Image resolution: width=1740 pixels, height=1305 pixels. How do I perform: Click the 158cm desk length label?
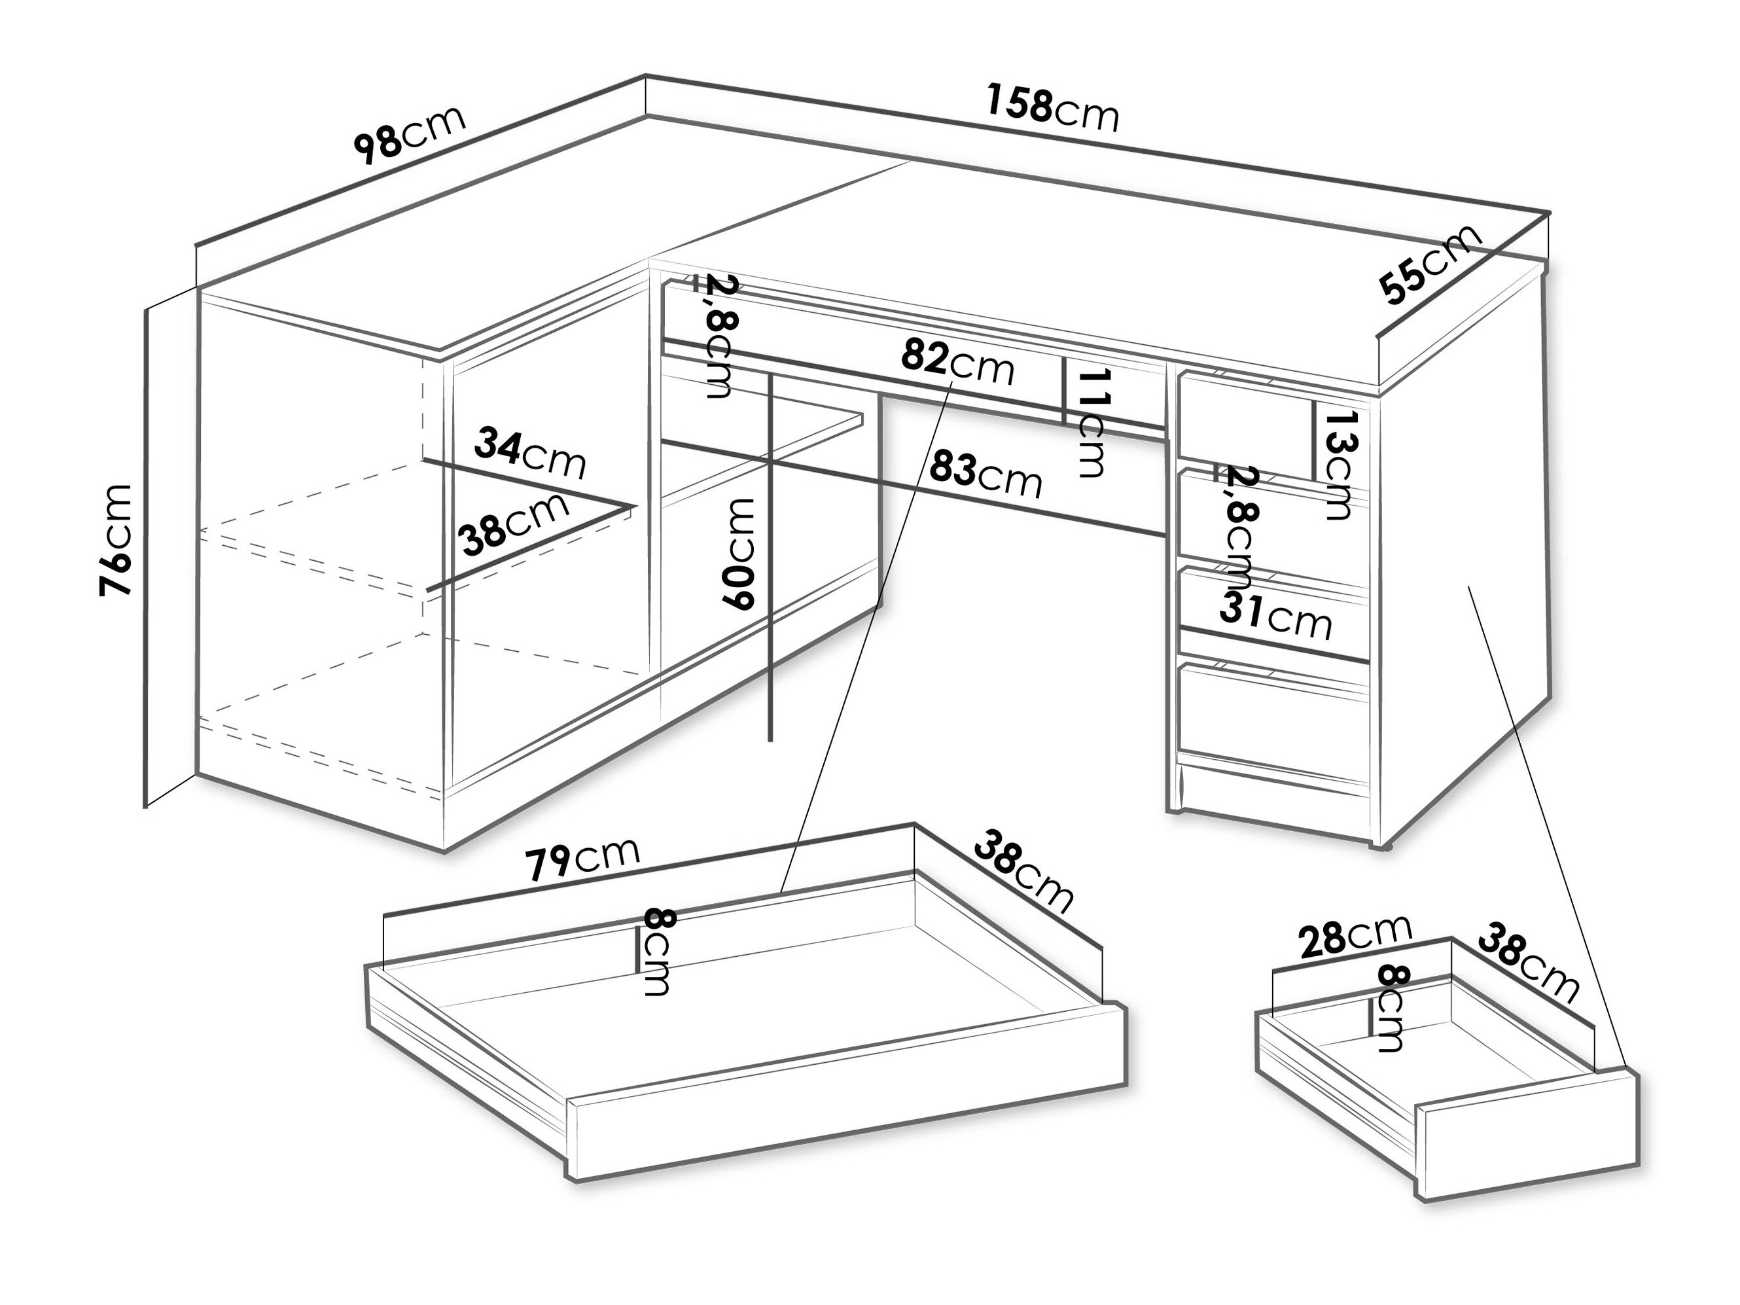pyautogui.click(x=1052, y=109)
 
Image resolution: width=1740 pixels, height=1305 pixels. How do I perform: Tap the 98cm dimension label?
pyautogui.click(x=409, y=135)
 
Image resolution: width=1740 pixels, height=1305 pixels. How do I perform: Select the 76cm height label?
pyautogui.click(x=116, y=541)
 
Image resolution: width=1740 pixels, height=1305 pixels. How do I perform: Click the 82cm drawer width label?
pyautogui.click(x=957, y=361)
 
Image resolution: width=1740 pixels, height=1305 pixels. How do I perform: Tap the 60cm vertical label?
pyautogui.click(x=739, y=554)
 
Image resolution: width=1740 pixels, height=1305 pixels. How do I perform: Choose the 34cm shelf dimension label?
pyautogui.click(x=530, y=453)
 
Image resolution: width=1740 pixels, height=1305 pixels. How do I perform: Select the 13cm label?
pyautogui.click(x=1338, y=465)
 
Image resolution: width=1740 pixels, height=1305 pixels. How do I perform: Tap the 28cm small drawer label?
pyautogui.click(x=1355, y=936)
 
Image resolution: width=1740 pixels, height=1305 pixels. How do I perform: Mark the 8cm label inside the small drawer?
pyautogui.click(x=1390, y=1008)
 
